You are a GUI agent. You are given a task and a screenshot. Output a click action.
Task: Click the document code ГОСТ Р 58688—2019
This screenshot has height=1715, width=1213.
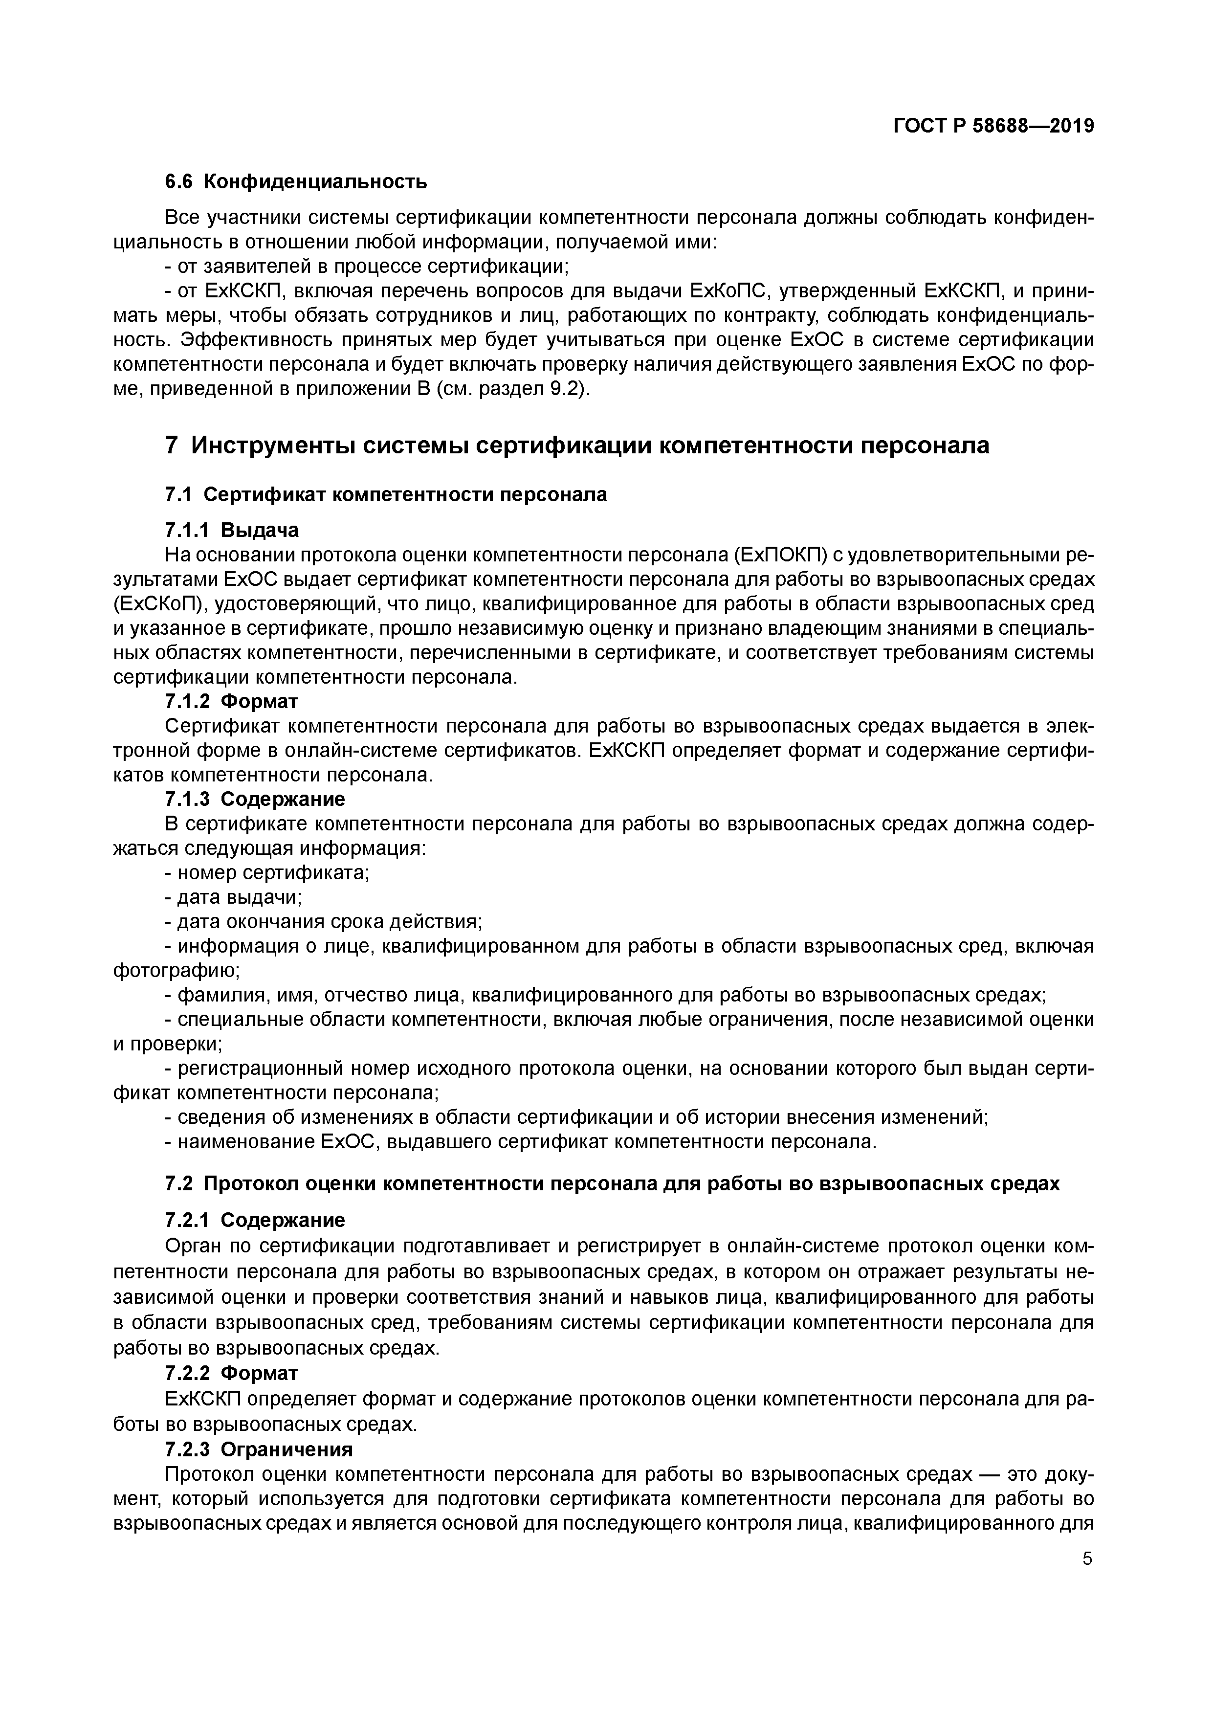[993, 126]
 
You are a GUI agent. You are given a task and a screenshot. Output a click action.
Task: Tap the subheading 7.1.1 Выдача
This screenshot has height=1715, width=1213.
[232, 530]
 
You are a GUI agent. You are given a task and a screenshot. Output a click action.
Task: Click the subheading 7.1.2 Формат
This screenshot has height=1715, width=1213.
[232, 701]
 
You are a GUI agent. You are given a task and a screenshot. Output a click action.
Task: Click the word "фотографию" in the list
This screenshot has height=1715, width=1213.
[176, 970]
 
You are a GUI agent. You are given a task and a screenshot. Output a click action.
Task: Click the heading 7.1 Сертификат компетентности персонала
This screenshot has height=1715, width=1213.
[385, 494]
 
